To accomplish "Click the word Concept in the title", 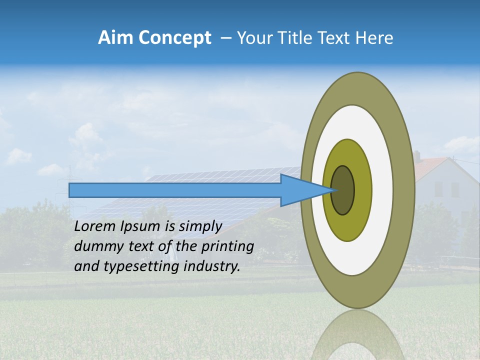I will [x=174, y=38].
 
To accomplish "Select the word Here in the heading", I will [x=374, y=38].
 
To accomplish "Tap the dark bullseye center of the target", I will [x=343, y=190].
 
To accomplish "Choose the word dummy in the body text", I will [x=95, y=246].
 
